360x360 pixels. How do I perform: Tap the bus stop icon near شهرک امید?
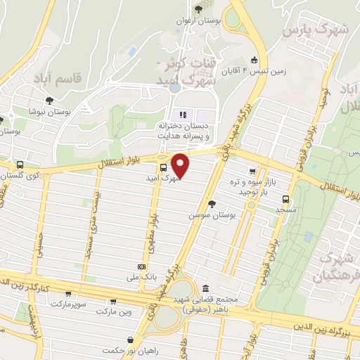[x=163, y=167]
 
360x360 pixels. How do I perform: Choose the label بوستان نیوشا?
[x=46, y=110]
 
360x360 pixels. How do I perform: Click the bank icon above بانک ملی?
[x=142, y=267]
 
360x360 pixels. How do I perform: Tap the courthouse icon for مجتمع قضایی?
[x=205, y=288]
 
